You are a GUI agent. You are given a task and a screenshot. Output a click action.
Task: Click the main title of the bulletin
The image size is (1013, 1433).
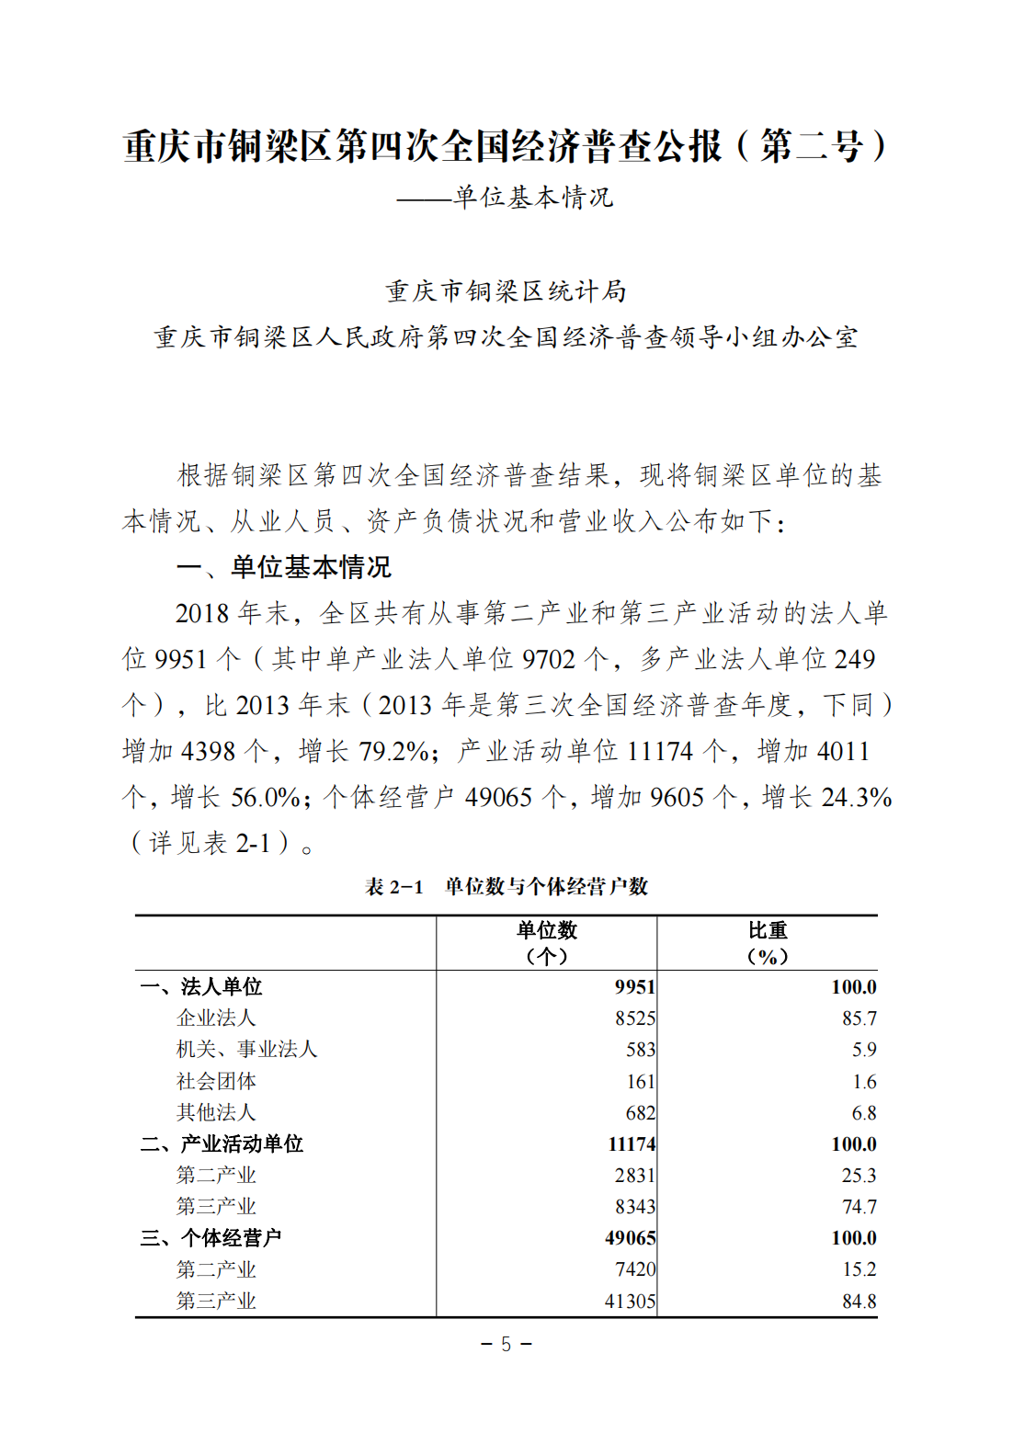tap(506, 147)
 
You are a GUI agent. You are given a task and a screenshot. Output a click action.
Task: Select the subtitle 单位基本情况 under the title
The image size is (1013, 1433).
tap(532, 198)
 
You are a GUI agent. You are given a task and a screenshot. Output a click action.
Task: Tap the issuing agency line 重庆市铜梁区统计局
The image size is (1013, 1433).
tap(506, 291)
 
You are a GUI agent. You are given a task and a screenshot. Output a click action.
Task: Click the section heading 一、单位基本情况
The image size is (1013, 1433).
tap(284, 567)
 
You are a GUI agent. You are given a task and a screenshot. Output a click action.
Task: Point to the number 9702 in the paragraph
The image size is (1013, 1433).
tap(549, 659)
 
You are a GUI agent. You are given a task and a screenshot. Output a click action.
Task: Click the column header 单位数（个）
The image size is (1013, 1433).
tap(546, 943)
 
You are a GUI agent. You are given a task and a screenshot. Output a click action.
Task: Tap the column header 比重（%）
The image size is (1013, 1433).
tap(767, 943)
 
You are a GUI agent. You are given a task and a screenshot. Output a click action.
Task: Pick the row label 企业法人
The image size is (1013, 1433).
tap(216, 1018)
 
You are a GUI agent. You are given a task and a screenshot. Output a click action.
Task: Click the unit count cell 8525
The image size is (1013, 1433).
tap(635, 1018)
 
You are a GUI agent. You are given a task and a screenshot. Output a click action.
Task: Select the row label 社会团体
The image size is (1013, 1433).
tap(216, 1081)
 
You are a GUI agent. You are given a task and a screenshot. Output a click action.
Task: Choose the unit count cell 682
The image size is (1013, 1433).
tap(640, 1113)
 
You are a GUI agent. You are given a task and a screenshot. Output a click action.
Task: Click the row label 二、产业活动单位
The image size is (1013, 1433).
tap(222, 1144)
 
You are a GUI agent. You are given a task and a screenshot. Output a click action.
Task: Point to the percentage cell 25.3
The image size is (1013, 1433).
tap(859, 1176)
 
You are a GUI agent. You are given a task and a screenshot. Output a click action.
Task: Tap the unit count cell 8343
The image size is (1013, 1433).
tap(635, 1207)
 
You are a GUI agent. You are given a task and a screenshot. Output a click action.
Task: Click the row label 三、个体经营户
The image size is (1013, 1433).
tap(211, 1238)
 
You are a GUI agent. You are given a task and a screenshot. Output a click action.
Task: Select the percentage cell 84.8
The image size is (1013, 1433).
tap(859, 1302)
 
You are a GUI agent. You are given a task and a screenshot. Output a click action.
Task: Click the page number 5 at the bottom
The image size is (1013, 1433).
tap(506, 1345)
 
